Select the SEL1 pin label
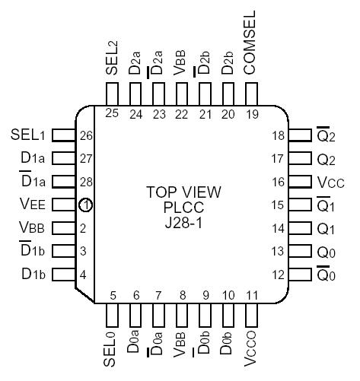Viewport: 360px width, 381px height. pyautogui.click(x=30, y=135)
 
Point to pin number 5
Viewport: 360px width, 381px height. pyautogui.click(x=113, y=296)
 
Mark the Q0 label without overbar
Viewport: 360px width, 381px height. pyautogui.click(x=326, y=251)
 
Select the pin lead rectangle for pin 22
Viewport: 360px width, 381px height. pyautogui.click(x=182, y=94)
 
